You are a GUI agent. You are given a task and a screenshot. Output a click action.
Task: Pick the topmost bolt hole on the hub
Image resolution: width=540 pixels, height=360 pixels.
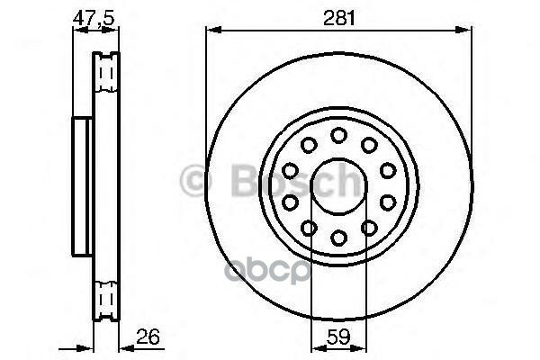click(338, 134)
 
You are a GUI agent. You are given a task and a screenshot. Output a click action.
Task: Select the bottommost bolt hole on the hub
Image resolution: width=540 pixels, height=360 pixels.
click(338, 238)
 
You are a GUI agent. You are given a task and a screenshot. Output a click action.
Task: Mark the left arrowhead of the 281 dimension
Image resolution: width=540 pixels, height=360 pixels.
click(211, 30)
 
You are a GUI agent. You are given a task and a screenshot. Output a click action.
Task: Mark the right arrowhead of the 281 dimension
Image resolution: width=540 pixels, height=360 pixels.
click(467, 30)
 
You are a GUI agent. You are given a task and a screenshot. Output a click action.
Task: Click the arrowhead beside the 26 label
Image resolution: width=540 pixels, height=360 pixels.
click(123, 346)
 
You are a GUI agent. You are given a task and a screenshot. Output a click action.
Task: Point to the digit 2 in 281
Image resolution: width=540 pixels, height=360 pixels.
click(328, 15)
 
